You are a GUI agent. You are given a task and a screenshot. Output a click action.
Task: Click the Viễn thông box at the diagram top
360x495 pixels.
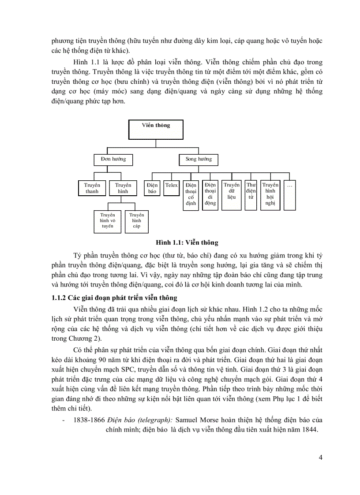(x=156, y=130)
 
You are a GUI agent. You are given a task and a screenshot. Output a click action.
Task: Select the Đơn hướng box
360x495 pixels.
(x=113, y=159)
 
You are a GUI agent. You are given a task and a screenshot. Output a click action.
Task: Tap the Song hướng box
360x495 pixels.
(x=198, y=159)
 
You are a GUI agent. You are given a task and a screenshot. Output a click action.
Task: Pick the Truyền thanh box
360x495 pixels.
(x=92, y=188)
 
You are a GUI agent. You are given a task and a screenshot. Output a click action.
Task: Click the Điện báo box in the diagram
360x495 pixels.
(x=152, y=188)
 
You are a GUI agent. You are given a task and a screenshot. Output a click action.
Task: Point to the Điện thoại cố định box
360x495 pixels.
(x=191, y=194)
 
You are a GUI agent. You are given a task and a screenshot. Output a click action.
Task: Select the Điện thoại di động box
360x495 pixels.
(x=210, y=194)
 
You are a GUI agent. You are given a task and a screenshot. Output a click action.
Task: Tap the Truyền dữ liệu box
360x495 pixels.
(x=232, y=191)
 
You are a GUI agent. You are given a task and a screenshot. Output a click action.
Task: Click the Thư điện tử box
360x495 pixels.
(x=251, y=191)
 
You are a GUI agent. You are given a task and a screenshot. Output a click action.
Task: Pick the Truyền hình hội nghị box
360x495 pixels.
(x=270, y=194)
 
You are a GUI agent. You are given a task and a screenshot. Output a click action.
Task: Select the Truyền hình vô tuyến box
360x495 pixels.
(x=107, y=221)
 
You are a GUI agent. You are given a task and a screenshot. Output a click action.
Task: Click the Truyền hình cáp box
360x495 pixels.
(x=136, y=221)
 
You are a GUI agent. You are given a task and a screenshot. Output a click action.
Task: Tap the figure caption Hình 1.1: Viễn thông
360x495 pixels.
(x=187, y=242)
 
